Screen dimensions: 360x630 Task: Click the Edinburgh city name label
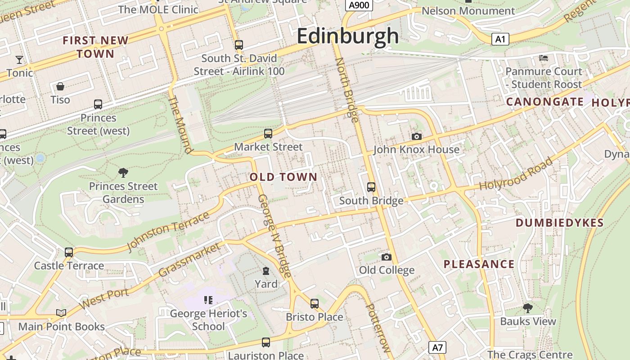click(x=347, y=36)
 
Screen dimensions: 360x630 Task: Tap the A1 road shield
click(x=500, y=39)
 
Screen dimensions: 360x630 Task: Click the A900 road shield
click(x=359, y=5)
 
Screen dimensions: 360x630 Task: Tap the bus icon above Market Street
click(x=268, y=133)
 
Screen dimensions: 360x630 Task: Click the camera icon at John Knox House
click(x=417, y=136)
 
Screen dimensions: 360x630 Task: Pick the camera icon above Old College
click(x=386, y=257)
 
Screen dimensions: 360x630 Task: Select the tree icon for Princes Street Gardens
click(x=123, y=172)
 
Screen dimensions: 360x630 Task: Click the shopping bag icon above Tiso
click(x=60, y=86)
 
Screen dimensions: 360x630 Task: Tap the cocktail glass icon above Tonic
click(x=19, y=59)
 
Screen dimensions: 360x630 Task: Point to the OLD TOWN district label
click(x=283, y=177)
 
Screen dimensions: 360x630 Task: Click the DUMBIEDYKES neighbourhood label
click(x=559, y=223)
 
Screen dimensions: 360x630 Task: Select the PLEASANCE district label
click(x=479, y=264)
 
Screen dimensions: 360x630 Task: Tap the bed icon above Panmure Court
click(x=544, y=58)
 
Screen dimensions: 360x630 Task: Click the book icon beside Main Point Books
click(x=61, y=313)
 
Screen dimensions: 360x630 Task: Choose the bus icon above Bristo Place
click(x=315, y=303)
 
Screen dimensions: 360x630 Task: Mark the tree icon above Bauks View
click(x=527, y=308)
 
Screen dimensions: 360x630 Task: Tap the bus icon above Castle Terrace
click(x=69, y=252)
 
